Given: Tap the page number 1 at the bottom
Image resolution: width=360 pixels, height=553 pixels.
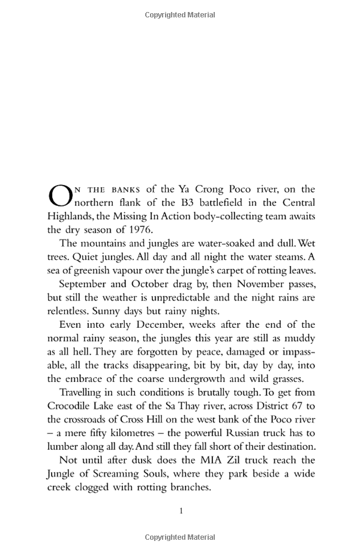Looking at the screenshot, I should click(181, 511).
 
